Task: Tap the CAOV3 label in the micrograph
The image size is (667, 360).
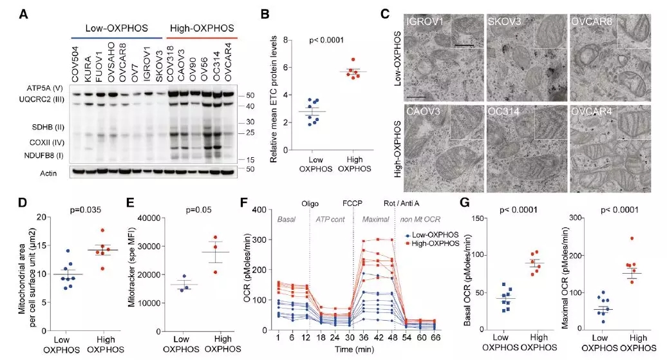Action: pos(423,109)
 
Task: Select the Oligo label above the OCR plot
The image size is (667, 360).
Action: pos(310,200)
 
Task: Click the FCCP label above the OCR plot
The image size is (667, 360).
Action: pos(353,200)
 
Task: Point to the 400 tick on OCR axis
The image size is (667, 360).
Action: pos(259,209)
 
